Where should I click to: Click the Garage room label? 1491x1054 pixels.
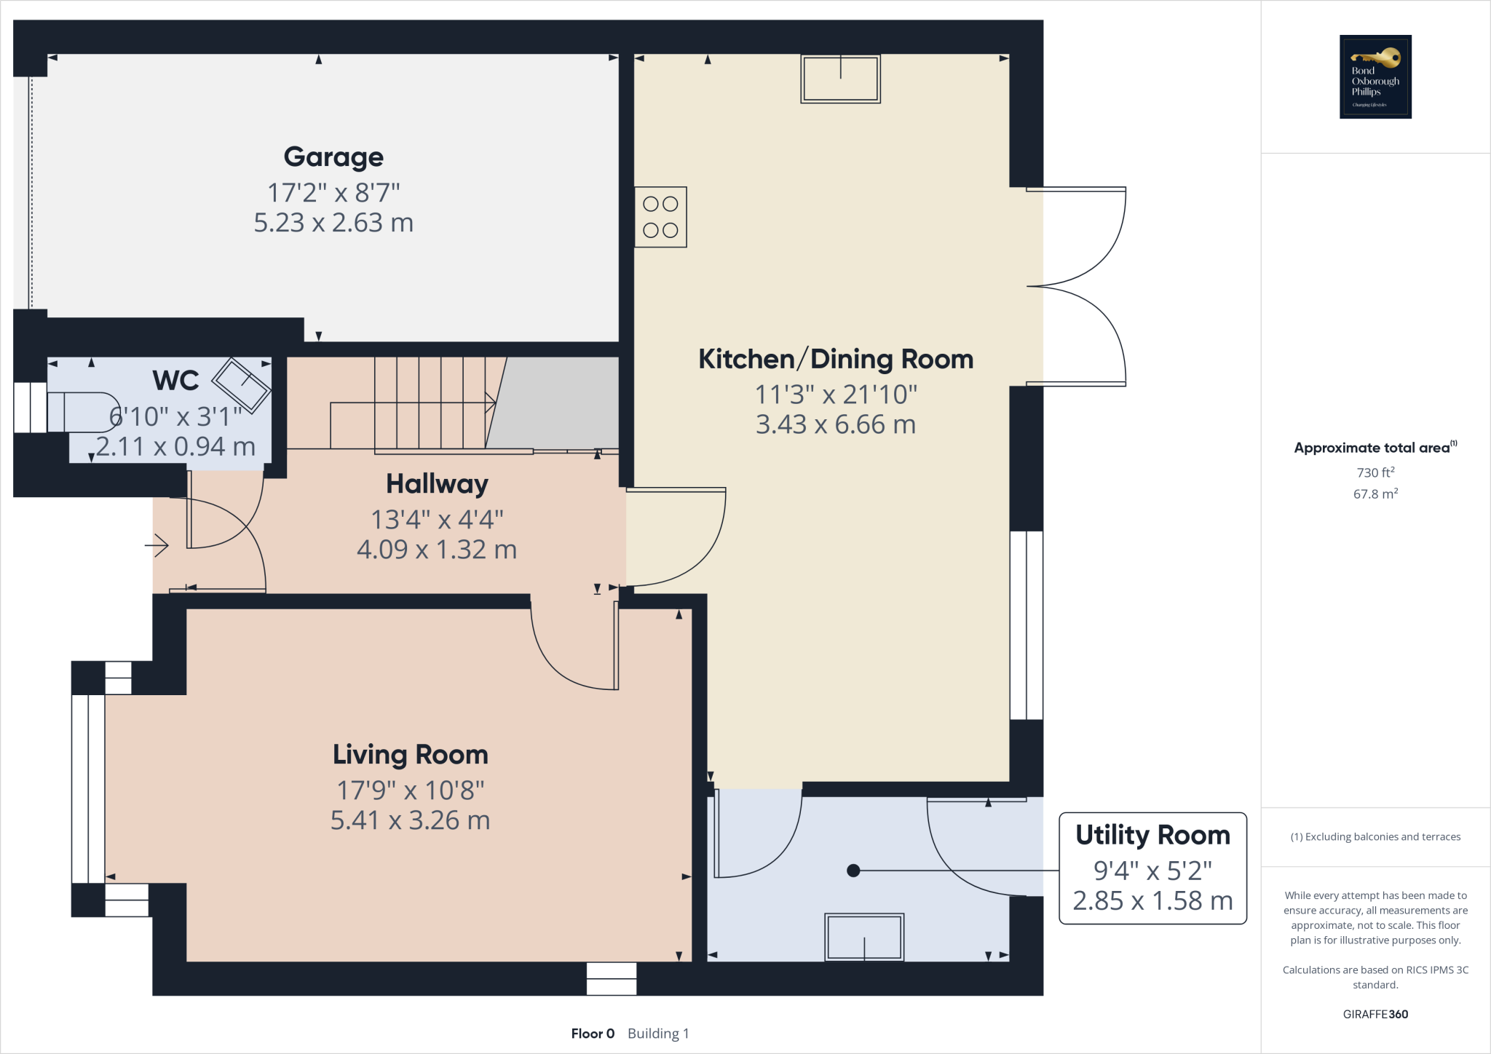click(x=333, y=156)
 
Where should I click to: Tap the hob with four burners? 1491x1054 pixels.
click(x=660, y=217)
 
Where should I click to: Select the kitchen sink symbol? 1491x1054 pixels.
click(x=840, y=79)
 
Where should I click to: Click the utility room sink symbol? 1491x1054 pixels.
click(x=864, y=938)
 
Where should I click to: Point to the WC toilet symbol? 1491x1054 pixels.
click(x=82, y=413)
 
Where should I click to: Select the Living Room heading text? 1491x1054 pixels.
click(x=410, y=755)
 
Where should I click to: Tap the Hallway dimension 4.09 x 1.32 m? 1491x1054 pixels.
click(x=437, y=550)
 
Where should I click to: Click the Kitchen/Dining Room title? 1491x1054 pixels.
click(x=835, y=359)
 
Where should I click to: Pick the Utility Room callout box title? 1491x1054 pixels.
click(x=1152, y=835)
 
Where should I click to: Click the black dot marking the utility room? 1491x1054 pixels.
click(x=853, y=871)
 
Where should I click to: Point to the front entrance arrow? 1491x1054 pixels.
click(x=157, y=545)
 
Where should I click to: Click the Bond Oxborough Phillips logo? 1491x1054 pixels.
click(x=1375, y=76)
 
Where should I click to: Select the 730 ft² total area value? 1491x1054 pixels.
click(x=1375, y=472)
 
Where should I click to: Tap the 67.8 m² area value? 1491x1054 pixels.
click(x=1375, y=494)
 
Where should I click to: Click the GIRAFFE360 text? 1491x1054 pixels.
click(x=1375, y=1014)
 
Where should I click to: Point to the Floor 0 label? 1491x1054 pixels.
click(x=593, y=1034)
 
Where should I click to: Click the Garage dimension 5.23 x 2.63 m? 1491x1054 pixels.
click(x=333, y=223)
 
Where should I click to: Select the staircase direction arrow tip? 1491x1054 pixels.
click(x=494, y=402)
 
